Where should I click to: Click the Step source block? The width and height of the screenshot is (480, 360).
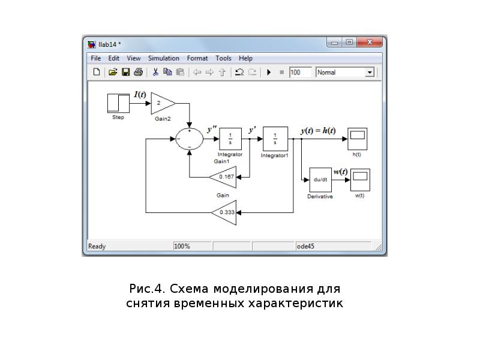click(x=118, y=103)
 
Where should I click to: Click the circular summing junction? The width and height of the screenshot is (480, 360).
click(x=190, y=139)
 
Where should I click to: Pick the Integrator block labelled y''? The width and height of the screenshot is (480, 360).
click(x=230, y=139)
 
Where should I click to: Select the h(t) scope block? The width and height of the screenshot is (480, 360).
click(x=357, y=138)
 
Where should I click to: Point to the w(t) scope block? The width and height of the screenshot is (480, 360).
click(x=360, y=179)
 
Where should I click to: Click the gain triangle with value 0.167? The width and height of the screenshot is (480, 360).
click(x=224, y=177)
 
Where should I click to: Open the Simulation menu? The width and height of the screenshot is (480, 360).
click(x=164, y=58)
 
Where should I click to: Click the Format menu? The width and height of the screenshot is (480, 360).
click(x=197, y=58)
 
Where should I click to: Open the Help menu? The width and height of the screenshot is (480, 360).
click(x=245, y=58)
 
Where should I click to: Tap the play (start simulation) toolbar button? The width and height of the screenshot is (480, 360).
click(x=269, y=73)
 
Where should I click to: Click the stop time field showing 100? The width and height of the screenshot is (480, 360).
click(x=301, y=73)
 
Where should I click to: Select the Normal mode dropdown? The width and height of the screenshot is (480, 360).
click(x=344, y=73)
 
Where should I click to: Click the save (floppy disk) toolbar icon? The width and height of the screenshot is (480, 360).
click(x=126, y=73)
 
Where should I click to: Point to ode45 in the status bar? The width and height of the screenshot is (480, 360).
click(x=305, y=246)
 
